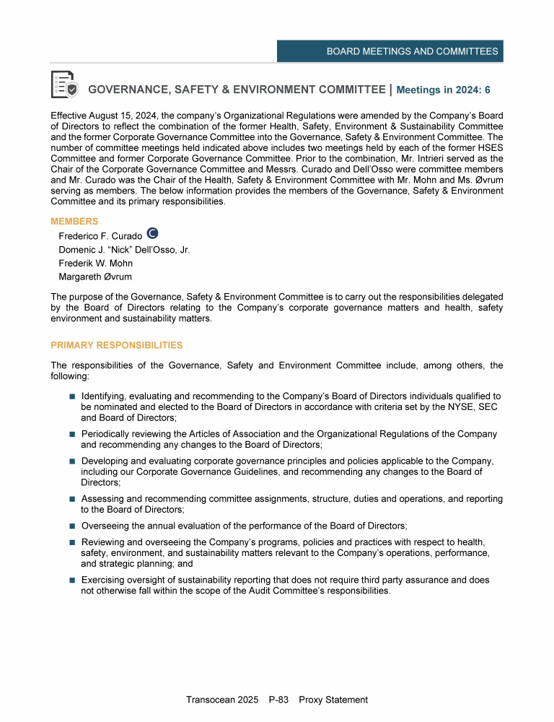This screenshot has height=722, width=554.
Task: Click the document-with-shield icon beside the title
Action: coord(65,84)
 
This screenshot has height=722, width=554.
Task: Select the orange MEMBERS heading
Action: coord(74,221)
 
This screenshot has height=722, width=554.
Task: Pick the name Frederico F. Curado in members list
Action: coord(100,236)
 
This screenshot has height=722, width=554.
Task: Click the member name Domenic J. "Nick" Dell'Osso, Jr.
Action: coord(124,250)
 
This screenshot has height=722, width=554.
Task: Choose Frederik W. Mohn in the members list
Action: coord(95,264)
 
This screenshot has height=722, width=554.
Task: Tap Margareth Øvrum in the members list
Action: coord(95,277)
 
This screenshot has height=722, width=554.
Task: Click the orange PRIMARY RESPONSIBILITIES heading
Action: coord(117,345)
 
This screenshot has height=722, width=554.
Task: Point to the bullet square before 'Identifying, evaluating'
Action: coord(72,397)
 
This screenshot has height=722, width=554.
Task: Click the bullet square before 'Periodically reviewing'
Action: coord(72,435)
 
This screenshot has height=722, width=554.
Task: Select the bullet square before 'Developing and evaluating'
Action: coord(72,461)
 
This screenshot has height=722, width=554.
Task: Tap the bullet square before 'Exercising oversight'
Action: coord(72,580)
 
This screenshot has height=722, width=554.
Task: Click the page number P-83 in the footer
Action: coord(278,700)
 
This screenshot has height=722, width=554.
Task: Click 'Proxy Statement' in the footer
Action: coord(333,700)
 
